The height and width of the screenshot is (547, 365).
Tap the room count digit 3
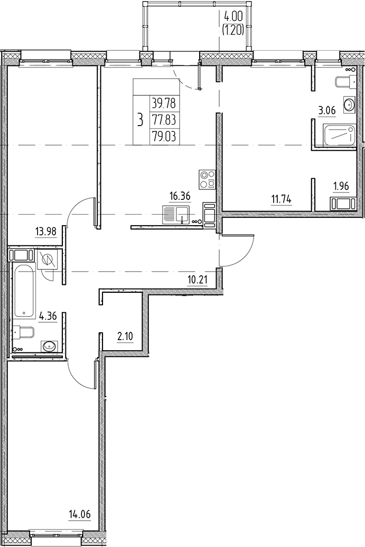point(140,120)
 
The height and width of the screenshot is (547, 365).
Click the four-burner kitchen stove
point(207,179)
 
